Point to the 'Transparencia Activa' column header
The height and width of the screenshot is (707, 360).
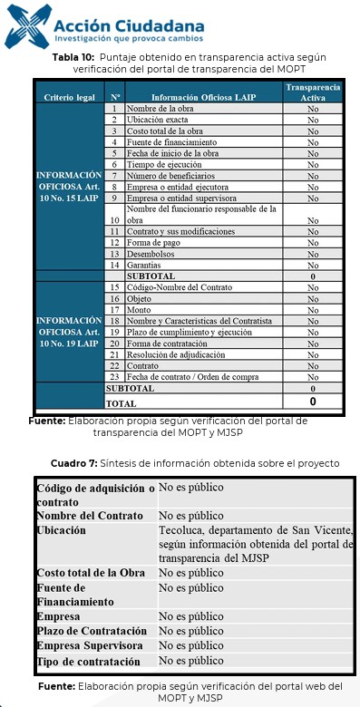[312, 92]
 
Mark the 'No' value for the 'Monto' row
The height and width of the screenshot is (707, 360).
[312, 309]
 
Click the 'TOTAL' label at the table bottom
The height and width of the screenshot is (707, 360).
[122, 402]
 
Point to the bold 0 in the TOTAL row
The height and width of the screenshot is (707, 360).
[312, 401]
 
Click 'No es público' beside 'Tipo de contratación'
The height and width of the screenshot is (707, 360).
[190, 661]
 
